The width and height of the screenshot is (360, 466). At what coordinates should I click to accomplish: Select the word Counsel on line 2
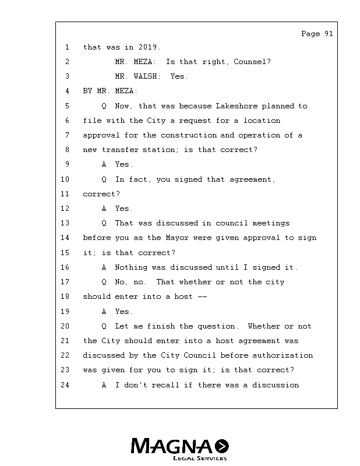coord(250,62)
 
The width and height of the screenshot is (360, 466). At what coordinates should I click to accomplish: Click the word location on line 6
coord(262,121)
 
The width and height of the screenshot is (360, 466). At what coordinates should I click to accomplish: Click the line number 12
coord(65,209)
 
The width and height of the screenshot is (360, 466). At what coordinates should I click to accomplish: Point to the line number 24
coord(65,385)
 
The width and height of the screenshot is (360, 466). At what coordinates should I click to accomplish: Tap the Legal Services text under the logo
coord(199,458)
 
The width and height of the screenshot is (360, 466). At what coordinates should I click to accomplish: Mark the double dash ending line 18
coord(202,296)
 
